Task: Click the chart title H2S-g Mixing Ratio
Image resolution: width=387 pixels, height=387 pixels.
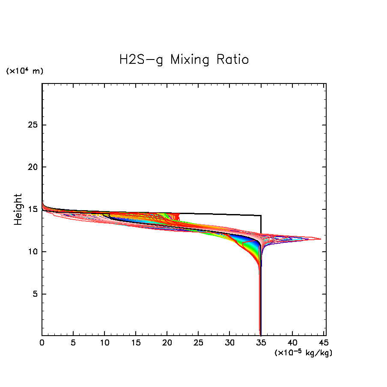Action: tap(184, 60)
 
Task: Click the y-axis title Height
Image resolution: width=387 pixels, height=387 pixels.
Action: tap(18, 209)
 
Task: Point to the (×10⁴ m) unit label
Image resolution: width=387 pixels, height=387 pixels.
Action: tap(24, 71)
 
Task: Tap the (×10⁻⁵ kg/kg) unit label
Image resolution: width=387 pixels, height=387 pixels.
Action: tap(304, 353)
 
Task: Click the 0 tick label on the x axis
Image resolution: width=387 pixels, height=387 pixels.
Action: tap(42, 343)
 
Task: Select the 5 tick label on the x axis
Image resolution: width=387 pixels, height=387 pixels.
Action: tap(73, 343)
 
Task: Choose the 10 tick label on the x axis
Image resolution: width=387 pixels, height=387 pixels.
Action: tap(104, 343)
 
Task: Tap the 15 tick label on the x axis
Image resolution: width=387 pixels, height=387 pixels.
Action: tap(136, 343)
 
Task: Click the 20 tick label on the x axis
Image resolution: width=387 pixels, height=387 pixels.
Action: tap(167, 343)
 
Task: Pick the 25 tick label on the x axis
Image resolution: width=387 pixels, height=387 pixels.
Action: tap(198, 343)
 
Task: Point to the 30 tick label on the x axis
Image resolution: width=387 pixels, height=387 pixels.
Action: tap(229, 343)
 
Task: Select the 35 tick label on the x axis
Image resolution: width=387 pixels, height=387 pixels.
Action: tap(261, 343)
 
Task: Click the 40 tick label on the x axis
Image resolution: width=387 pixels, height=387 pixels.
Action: tap(292, 343)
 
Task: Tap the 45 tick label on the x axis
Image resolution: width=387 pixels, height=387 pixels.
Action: tap(323, 343)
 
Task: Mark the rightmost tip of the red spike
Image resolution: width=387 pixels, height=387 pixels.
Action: tap(321, 239)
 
